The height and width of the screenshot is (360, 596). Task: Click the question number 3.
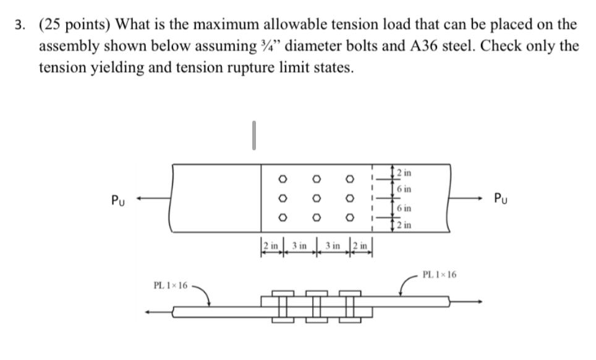pos(20,25)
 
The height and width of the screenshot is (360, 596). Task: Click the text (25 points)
pos(74,25)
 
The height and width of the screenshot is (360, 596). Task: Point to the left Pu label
pos(117,200)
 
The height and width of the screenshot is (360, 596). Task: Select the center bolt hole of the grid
pos(315,199)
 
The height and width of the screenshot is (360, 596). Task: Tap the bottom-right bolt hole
pos(349,218)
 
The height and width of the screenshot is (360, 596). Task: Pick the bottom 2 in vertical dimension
pos(403,226)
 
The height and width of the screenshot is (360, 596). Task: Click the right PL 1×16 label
pos(439,274)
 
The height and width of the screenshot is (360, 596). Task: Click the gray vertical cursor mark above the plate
pos(253,135)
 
